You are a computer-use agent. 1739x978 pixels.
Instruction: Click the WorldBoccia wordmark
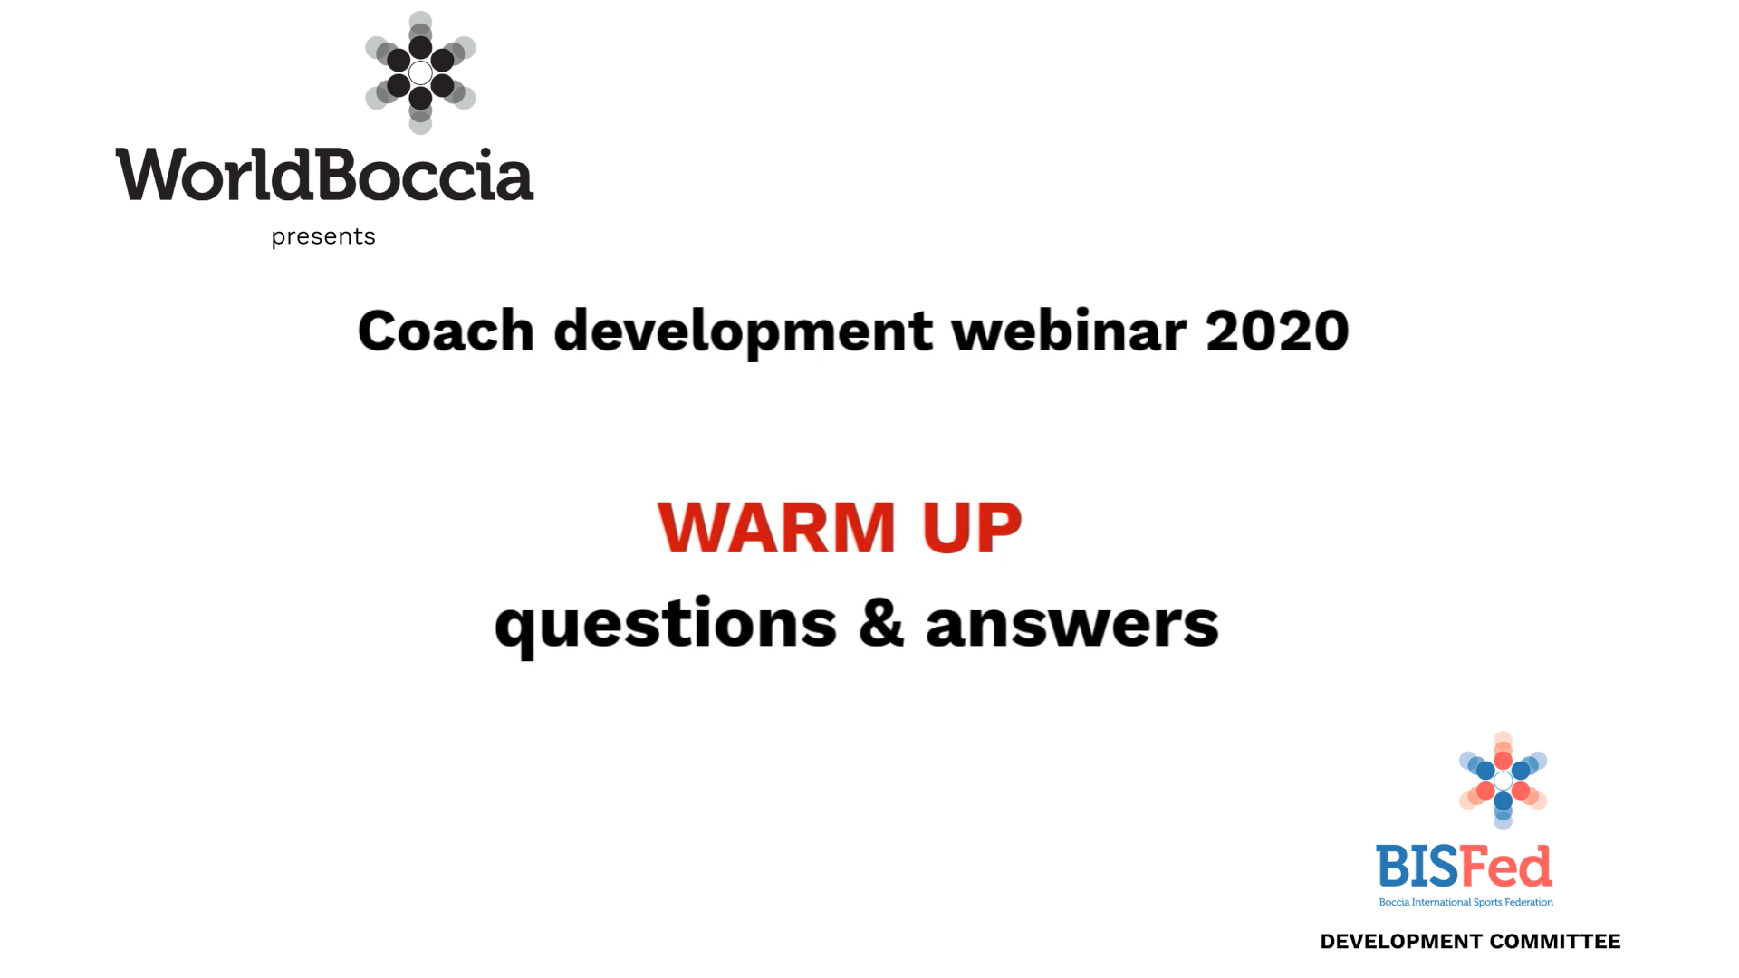coord(324,175)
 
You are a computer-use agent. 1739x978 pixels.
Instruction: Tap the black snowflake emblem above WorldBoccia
coord(420,72)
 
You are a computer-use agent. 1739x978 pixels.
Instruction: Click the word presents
coord(323,236)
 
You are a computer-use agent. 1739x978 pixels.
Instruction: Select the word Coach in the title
coord(446,331)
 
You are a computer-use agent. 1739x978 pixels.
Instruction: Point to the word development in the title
coord(743,332)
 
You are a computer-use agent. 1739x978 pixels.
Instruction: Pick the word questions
coord(666,626)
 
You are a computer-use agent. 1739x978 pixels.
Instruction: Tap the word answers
coord(1072,625)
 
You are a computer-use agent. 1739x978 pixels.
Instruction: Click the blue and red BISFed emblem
coord(1503,780)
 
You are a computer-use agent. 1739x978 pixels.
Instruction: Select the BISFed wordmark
coord(1464,867)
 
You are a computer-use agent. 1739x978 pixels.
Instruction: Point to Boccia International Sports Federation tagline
coord(1465,902)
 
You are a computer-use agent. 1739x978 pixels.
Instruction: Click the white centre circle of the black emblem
coord(420,72)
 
